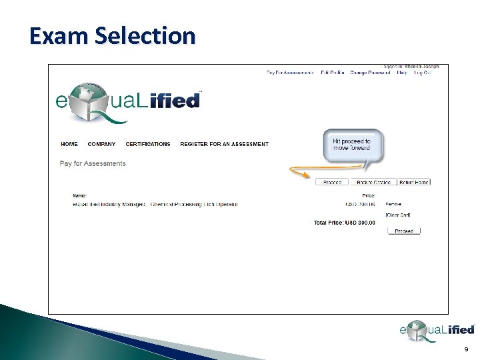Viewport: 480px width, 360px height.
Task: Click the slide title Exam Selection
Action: (112, 35)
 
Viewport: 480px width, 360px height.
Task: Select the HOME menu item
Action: (69, 144)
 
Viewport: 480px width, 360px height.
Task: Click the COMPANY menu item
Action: (101, 144)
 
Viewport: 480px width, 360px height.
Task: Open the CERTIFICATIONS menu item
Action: (148, 144)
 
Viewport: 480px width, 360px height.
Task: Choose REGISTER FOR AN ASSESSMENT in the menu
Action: (224, 144)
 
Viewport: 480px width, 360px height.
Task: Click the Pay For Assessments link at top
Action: (290, 72)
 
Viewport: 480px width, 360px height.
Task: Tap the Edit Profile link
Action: (332, 72)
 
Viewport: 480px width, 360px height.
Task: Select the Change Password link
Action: (370, 72)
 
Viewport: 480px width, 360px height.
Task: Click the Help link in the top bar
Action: (401, 72)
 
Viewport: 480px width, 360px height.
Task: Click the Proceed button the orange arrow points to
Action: (332, 182)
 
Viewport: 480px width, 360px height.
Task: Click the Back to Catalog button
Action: (373, 182)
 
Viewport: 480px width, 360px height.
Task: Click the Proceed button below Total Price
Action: (404, 231)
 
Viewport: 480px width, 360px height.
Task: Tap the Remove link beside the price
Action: (393, 204)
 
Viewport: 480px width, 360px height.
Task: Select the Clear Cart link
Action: (398, 215)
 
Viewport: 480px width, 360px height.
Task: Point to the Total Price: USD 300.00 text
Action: (345, 223)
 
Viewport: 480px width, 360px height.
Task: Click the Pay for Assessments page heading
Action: (93, 163)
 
